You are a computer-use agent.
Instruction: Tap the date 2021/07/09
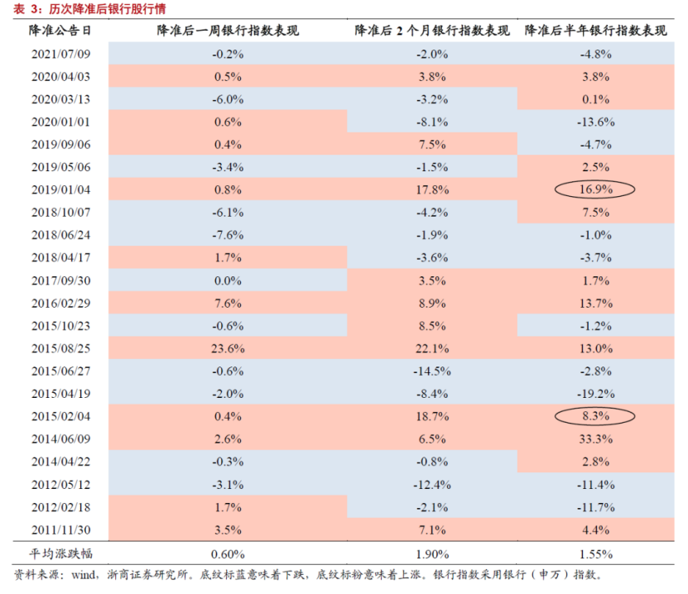point(60,54)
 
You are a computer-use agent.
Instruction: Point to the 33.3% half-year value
point(596,438)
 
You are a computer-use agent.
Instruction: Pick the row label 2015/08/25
point(60,347)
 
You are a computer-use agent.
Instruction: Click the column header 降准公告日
point(60,31)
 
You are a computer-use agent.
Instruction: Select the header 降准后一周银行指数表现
point(228,31)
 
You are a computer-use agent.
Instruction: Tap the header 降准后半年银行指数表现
point(596,31)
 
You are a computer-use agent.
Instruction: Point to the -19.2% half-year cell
point(596,393)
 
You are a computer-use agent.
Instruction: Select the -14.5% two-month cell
point(431,370)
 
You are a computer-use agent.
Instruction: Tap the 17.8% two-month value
point(431,189)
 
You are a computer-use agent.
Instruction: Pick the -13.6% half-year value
point(596,122)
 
